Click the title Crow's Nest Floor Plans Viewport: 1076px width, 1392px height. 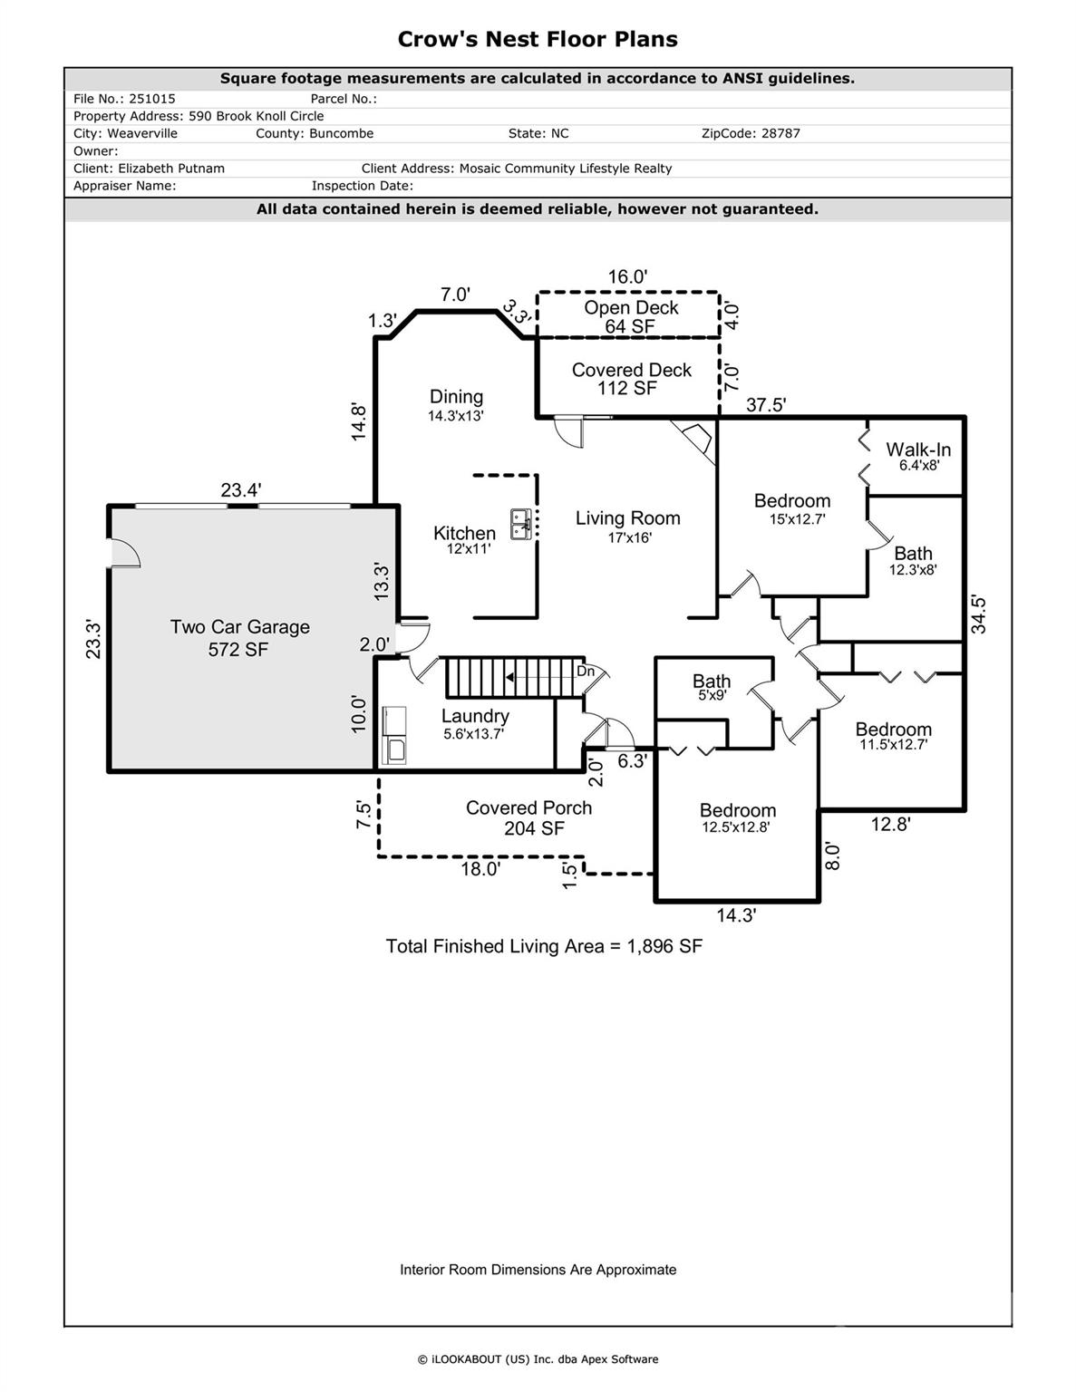pyautogui.click(x=538, y=39)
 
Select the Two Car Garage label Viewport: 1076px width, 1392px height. pyautogui.click(x=239, y=637)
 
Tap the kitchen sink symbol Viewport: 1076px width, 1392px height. pyautogui.click(x=521, y=524)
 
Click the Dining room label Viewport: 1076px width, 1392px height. pyautogui.click(x=456, y=404)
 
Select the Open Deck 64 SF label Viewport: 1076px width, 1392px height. pyautogui.click(x=631, y=316)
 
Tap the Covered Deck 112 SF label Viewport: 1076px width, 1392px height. pyautogui.click(x=631, y=379)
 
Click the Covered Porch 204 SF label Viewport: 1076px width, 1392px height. pyautogui.click(x=528, y=817)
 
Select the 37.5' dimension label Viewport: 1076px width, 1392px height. pyautogui.click(x=765, y=405)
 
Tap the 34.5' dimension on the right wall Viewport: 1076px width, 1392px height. pyautogui.click(x=979, y=614)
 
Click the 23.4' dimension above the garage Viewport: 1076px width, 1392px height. pyautogui.click(x=241, y=490)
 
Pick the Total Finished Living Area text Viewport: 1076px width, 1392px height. pyautogui.click(x=544, y=946)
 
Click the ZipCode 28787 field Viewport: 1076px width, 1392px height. pyautogui.click(x=751, y=133)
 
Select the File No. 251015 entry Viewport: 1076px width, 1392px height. pyautogui.click(x=124, y=99)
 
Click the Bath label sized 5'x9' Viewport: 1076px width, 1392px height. pyautogui.click(x=712, y=687)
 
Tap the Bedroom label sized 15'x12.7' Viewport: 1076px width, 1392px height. pyautogui.click(x=792, y=508)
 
